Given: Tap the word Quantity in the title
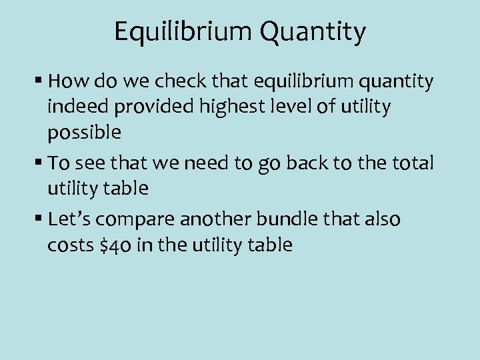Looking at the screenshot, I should click(x=313, y=31).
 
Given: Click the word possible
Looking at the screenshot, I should click(x=84, y=132).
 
